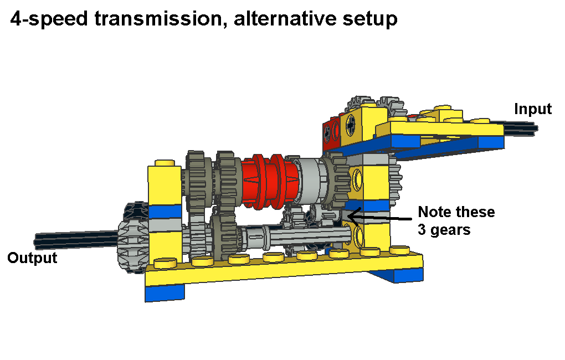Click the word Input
point(532,109)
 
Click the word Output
point(32,258)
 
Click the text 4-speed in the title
point(49,19)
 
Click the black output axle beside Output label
point(76,240)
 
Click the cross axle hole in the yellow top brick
point(350,125)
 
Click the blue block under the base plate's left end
point(165,292)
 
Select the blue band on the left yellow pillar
point(165,212)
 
